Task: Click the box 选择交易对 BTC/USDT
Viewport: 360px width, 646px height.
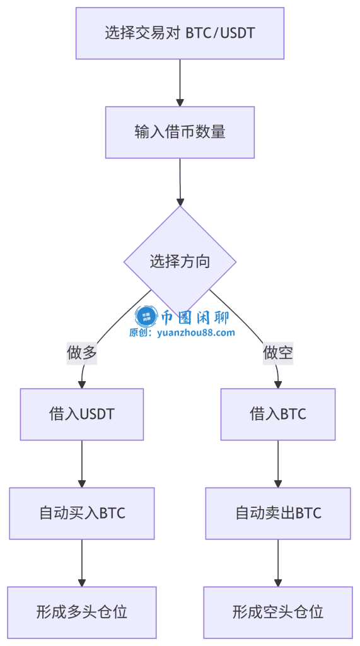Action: coord(180,33)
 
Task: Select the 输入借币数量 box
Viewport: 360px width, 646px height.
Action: coord(180,132)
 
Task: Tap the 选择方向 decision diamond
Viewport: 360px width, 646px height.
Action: coord(180,261)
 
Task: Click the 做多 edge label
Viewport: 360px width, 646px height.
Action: coord(82,353)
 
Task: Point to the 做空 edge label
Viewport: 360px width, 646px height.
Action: coord(278,353)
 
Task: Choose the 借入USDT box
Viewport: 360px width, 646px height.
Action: coord(82,414)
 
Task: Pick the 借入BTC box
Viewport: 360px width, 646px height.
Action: coord(278,414)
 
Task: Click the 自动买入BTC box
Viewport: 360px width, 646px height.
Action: coord(82,513)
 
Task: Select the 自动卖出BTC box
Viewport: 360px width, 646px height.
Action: coord(278,513)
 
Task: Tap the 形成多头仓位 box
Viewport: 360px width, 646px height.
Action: coord(82,611)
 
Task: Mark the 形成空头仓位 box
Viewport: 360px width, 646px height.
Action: coord(278,611)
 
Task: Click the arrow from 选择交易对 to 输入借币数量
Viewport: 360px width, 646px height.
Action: coord(180,83)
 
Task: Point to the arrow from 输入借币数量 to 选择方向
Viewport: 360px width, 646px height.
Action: coord(180,182)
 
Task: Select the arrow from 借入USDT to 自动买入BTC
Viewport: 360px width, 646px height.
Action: coord(82,463)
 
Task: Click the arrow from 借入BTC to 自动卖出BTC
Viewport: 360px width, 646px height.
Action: coord(278,463)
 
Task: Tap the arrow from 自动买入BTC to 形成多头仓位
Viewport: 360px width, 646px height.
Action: coord(82,562)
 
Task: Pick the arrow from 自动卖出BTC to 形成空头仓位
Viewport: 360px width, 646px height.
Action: coord(278,562)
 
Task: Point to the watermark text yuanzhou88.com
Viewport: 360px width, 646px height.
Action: coord(195,332)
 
